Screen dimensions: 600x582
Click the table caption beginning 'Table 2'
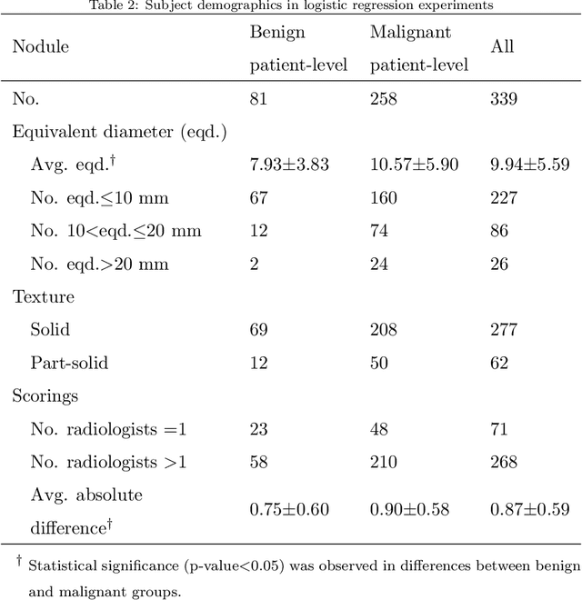point(291,5)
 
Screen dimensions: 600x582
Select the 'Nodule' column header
point(40,45)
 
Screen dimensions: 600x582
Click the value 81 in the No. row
point(258,98)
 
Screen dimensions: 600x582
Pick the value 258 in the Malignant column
point(383,98)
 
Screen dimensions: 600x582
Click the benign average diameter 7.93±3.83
point(289,165)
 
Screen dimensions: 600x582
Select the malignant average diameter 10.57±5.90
point(414,165)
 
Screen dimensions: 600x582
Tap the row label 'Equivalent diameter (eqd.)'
point(119,131)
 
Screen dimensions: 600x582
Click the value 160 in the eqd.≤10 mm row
point(383,197)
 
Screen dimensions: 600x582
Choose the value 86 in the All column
point(499,231)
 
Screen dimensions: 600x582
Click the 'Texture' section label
point(43,296)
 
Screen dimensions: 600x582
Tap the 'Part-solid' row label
point(69,363)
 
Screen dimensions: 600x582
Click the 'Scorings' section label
point(45,395)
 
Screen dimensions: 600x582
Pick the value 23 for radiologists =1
point(258,428)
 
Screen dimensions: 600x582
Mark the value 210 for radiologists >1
point(383,462)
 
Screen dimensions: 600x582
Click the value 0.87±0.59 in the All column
point(529,510)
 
